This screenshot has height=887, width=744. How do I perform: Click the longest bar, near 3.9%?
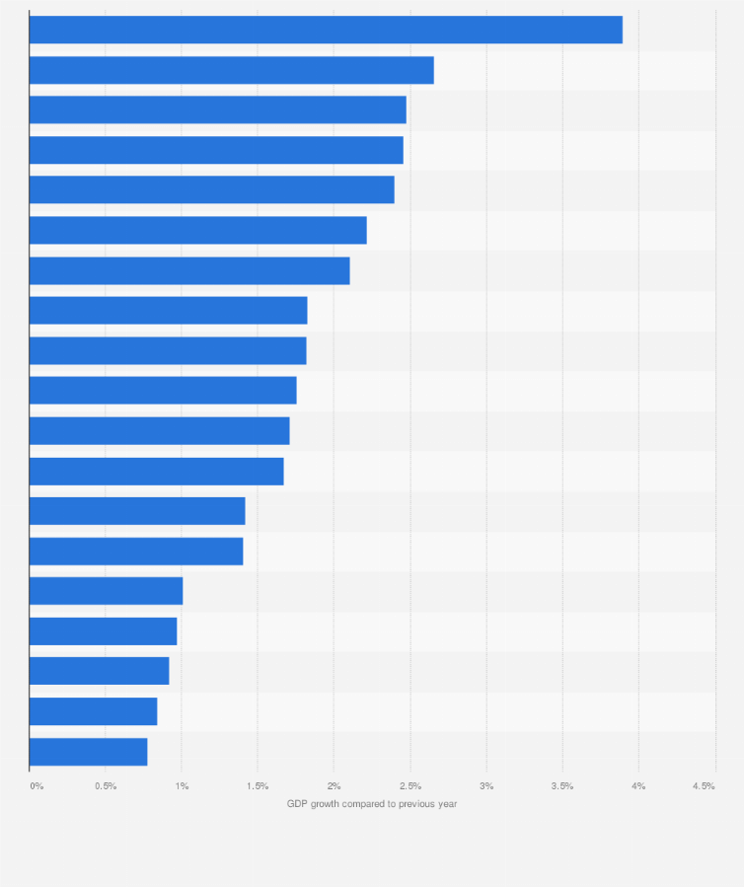coord(326,30)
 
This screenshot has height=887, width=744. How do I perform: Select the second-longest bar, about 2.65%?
coord(232,70)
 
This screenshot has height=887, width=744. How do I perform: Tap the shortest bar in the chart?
coord(88,752)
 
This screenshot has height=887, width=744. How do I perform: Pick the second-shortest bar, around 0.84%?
coord(93,711)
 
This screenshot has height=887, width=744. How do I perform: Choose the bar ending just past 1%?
coord(106,591)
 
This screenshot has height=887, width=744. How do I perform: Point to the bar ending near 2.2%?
coord(197,230)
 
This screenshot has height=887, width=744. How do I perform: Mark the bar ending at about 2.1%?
coord(189,270)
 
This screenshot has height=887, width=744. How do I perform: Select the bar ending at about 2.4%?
coord(211,189)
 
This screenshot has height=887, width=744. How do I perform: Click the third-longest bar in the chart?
coord(217,110)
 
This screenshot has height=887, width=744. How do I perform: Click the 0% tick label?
coord(37,785)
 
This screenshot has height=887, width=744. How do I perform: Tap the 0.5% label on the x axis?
coord(106,785)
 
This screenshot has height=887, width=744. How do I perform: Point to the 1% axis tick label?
coord(182,785)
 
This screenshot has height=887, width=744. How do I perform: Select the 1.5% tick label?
coord(258,785)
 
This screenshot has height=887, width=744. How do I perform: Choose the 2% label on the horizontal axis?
coord(335,785)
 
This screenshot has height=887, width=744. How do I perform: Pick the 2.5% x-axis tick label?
coord(410,785)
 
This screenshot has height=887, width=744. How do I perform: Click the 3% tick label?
coord(486,785)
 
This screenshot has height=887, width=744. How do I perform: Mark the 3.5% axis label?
coord(562,785)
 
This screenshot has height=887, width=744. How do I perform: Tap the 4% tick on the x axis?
coord(638,785)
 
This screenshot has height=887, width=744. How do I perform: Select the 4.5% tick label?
coord(704,785)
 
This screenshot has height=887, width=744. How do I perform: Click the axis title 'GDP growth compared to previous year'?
coord(372,804)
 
